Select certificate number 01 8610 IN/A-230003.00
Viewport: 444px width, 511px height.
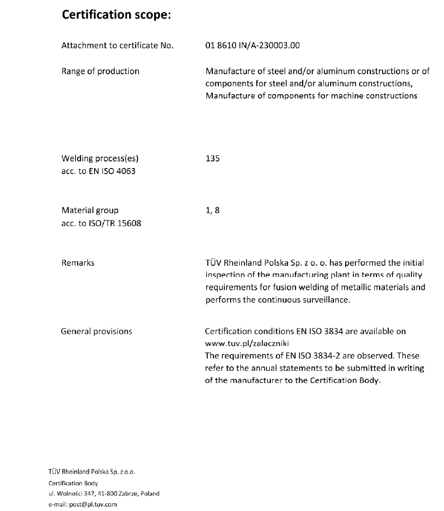tap(253, 46)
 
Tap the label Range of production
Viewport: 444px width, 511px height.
tap(100, 71)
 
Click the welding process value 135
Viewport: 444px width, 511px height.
tap(213, 159)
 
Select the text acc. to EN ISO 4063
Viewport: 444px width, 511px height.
tap(98, 171)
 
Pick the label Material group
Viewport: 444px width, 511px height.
tap(89, 211)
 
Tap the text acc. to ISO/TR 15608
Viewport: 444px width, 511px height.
tap(101, 223)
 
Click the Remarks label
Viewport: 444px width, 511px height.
tap(78, 262)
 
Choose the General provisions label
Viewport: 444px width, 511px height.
tap(96, 331)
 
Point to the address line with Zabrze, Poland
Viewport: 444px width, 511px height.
tap(103, 494)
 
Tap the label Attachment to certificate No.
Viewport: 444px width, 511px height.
tap(117, 46)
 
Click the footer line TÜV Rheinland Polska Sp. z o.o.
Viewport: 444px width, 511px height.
tap(92, 472)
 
